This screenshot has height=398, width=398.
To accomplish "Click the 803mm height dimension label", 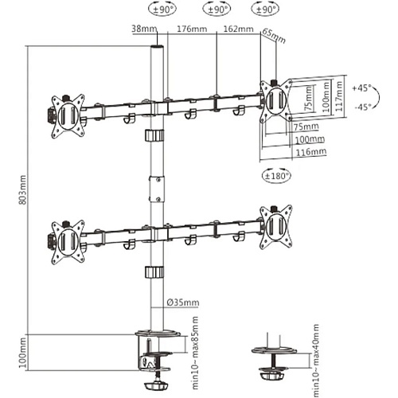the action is click(23, 189).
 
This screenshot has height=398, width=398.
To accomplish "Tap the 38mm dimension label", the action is click(144, 29).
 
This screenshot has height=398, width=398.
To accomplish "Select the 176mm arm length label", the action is click(192, 29).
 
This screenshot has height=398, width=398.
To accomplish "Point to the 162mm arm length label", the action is click(238, 29).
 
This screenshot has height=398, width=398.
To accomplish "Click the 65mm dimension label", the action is click(274, 36).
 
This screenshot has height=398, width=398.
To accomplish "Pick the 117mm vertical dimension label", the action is click(338, 96).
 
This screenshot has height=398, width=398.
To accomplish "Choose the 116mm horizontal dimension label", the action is click(310, 152).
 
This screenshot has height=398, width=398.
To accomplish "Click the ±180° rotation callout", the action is click(276, 176).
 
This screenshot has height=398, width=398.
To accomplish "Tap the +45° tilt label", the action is click(361, 88).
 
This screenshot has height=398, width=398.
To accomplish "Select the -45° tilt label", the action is click(363, 107).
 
